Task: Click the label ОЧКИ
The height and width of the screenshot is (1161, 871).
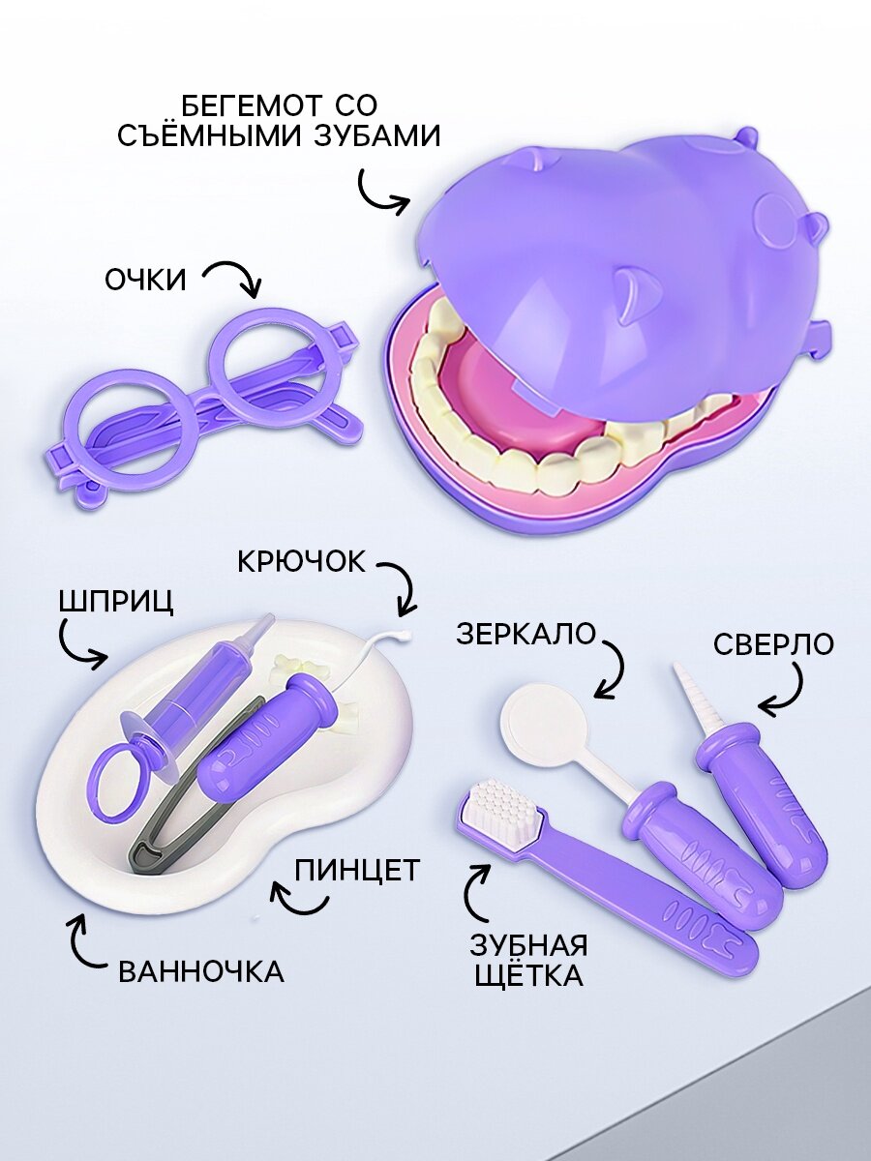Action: [145, 280]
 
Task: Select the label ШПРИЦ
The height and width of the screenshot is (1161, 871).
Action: [117, 600]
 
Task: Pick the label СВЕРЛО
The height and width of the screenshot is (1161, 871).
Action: [772, 643]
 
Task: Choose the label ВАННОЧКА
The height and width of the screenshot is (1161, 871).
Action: [201, 970]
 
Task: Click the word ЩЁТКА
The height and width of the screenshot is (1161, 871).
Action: [528, 974]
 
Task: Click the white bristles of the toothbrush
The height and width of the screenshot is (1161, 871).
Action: [501, 808]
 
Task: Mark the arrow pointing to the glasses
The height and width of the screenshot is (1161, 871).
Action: [238, 278]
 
